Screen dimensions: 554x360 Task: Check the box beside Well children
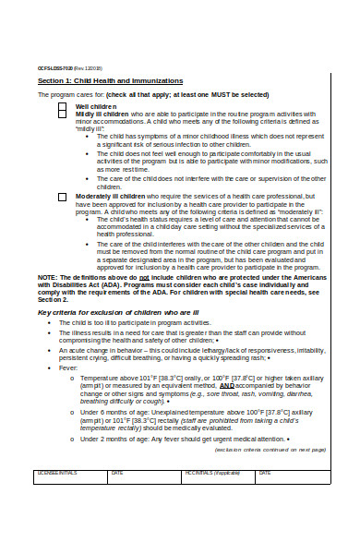click(62, 106)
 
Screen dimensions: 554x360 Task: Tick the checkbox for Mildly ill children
click(62, 114)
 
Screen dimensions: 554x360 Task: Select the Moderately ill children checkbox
click(62, 197)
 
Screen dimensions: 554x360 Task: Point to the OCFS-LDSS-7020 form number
click(55, 67)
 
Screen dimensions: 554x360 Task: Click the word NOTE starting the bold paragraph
click(47, 276)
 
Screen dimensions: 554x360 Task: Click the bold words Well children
click(96, 106)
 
